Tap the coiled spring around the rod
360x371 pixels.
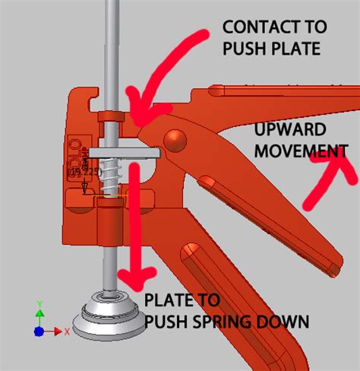[111, 177]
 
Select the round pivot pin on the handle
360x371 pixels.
[175, 141]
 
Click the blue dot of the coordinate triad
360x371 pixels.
[39, 331]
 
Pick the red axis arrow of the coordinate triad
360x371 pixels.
[63, 332]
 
